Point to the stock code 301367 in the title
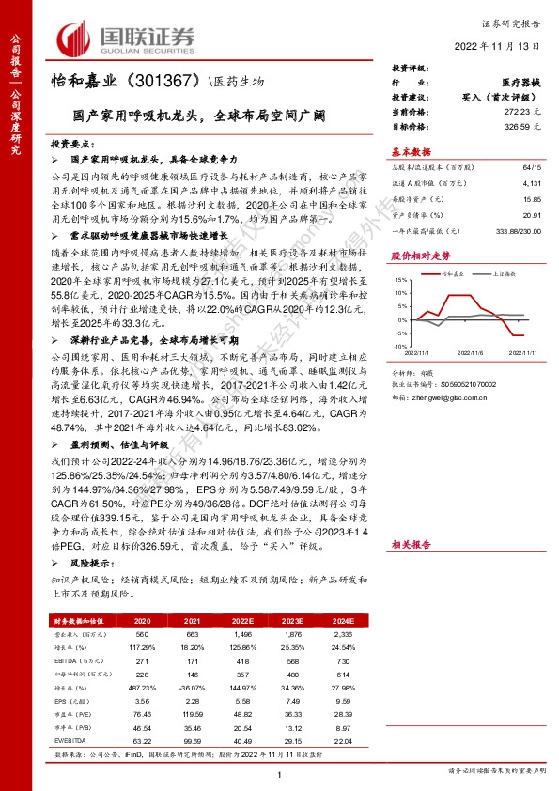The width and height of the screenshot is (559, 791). pyautogui.click(x=170, y=82)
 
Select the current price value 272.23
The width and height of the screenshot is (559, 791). pyautogui.click(x=513, y=111)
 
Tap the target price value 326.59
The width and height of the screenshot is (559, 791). pyautogui.click(x=513, y=124)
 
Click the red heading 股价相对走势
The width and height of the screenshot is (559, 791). pyautogui.click(x=420, y=255)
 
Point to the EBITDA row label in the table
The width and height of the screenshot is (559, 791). pyautogui.click(x=66, y=659)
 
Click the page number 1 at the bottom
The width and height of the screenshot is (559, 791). pyautogui.click(x=279, y=774)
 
